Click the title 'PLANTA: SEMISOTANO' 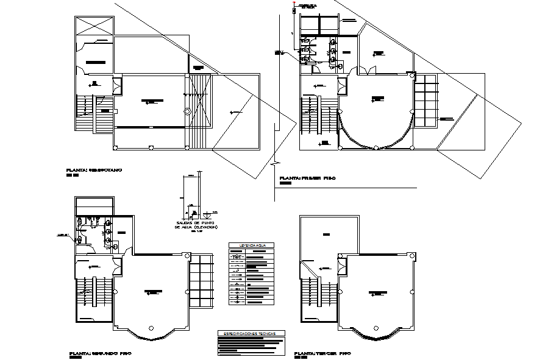pyautogui.click(x=94, y=170)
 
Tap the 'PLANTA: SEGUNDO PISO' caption pyautogui.click(x=101, y=353)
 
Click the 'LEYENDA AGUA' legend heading pyautogui.click(x=251, y=245)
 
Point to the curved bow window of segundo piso pyautogui.click(x=150, y=333)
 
